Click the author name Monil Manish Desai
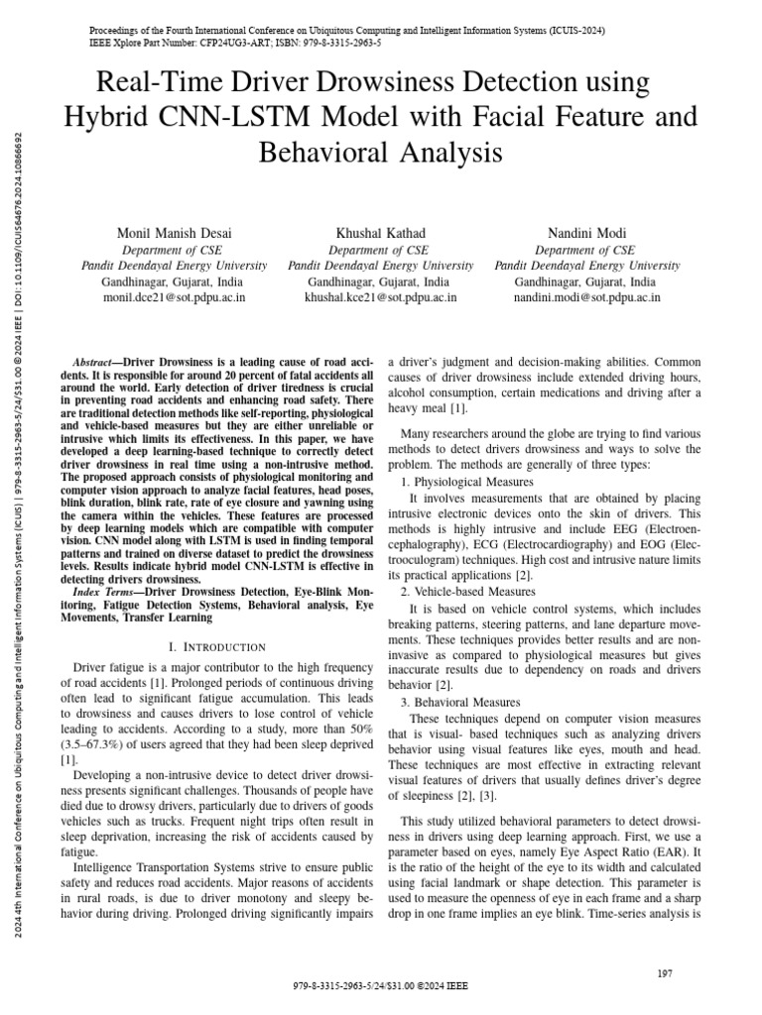click(x=174, y=233)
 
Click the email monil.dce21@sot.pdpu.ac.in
click(x=174, y=296)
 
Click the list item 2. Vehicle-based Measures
click(x=470, y=592)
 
